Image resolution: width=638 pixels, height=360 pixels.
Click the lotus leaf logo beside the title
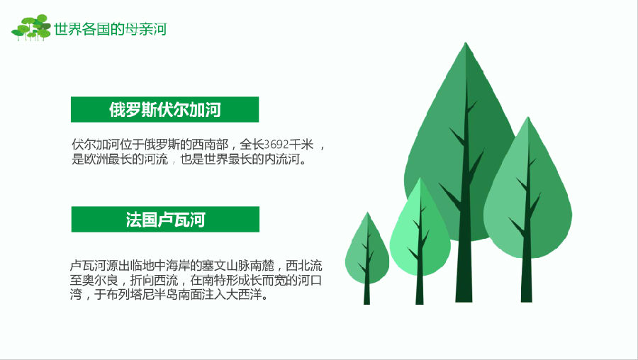[31, 28]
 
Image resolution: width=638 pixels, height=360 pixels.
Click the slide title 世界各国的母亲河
[111, 29]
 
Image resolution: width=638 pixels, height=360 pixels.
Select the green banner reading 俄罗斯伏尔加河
[164, 109]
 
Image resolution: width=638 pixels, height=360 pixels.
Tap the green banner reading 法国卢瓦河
[165, 219]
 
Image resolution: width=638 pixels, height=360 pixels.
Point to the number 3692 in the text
[276, 145]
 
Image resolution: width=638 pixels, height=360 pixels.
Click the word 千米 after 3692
[301, 145]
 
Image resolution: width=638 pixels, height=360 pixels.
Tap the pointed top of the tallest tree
[466, 43]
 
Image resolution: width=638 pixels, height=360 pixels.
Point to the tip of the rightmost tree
[528, 118]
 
